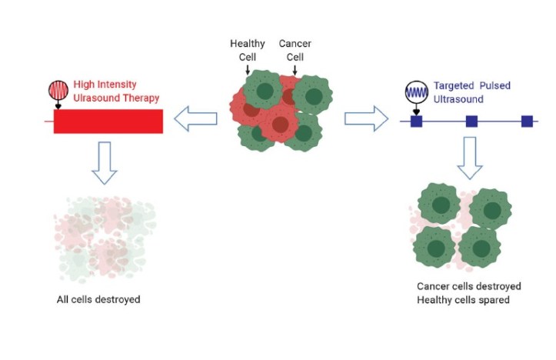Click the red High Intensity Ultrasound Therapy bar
(x=108, y=121)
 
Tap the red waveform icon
(x=58, y=91)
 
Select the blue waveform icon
(x=416, y=93)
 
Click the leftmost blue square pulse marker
(x=416, y=121)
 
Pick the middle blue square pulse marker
(x=472, y=121)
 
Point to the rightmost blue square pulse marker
(x=527, y=121)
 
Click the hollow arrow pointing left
(x=196, y=119)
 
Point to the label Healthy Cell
(x=247, y=50)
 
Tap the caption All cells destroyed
(x=98, y=298)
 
